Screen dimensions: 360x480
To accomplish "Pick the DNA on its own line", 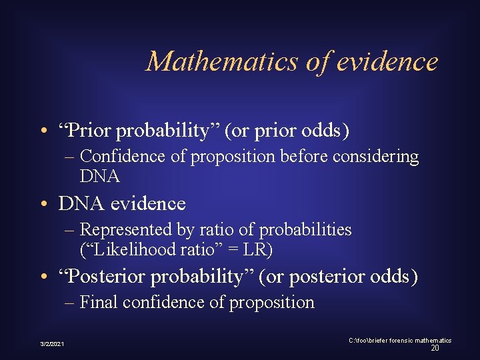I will (x=99, y=177).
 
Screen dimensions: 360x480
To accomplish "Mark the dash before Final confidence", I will (x=71, y=303).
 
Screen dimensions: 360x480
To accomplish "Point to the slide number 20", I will (x=434, y=348).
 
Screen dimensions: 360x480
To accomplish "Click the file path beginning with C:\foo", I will (x=399, y=341).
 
